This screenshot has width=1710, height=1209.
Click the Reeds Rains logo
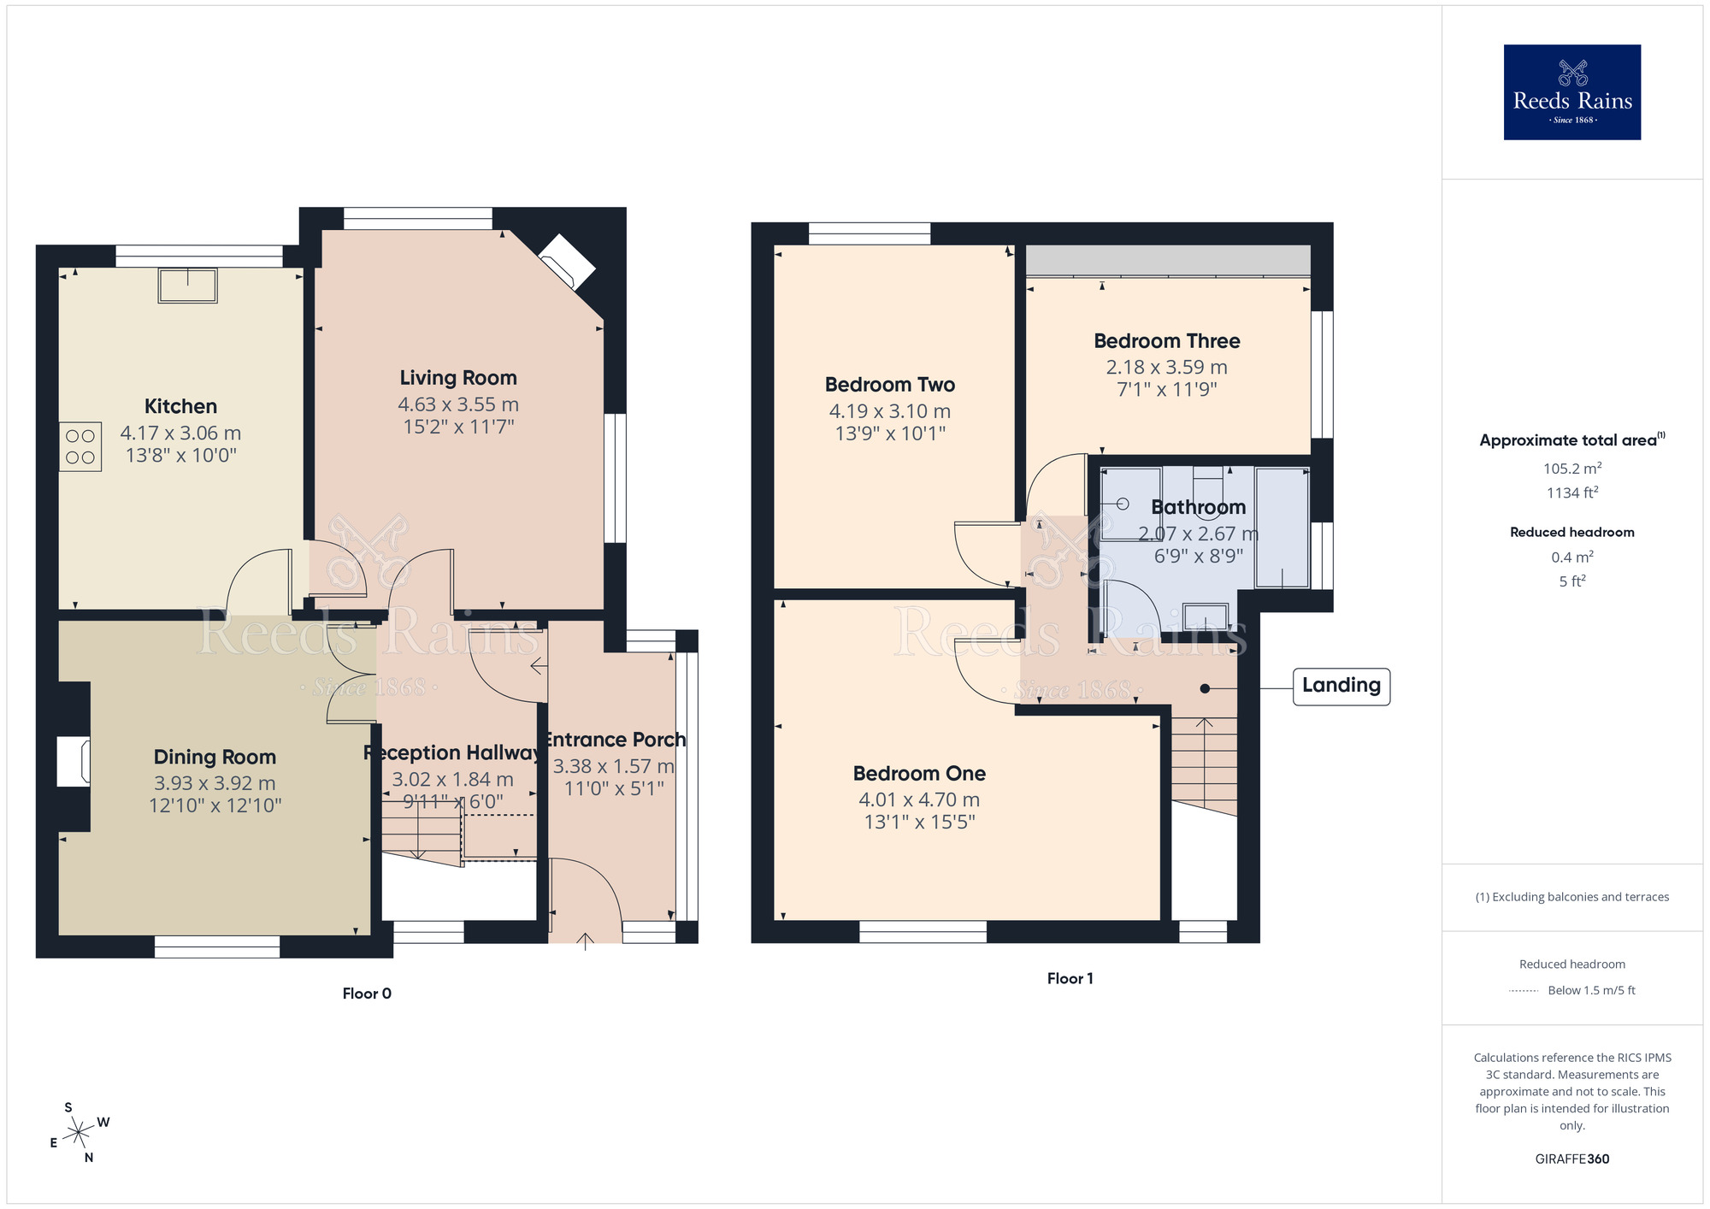pyautogui.click(x=1571, y=92)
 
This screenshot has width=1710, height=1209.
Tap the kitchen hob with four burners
pyautogui.click(x=80, y=446)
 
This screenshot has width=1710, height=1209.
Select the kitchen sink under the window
pyautogui.click(x=187, y=286)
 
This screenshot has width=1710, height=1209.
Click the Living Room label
pyautogui.click(x=458, y=378)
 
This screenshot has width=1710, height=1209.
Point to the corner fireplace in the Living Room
pyautogui.click(x=567, y=262)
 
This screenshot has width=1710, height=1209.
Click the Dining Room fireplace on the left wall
pyautogui.click(x=74, y=762)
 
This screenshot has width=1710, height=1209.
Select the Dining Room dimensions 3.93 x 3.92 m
pyautogui.click(x=215, y=783)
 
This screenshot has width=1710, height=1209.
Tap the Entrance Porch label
pyautogui.click(x=615, y=740)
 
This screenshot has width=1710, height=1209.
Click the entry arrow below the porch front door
pyautogui.click(x=585, y=941)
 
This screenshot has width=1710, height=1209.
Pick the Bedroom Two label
pyautogui.click(x=889, y=385)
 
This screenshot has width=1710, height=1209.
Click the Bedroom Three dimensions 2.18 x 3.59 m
pyautogui.click(x=1166, y=368)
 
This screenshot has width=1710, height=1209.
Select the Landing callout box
pyautogui.click(x=1341, y=687)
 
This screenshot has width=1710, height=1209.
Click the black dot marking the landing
pyautogui.click(x=1205, y=688)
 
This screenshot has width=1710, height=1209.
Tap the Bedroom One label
pyautogui.click(x=919, y=774)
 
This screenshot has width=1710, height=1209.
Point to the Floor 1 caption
pyautogui.click(x=1070, y=979)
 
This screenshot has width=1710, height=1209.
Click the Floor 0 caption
pyautogui.click(x=367, y=994)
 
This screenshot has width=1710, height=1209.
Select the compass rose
pyautogui.click(x=79, y=1133)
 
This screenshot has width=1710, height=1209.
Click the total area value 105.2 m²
pyautogui.click(x=1571, y=469)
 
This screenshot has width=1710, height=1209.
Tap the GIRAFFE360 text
pyautogui.click(x=1571, y=1159)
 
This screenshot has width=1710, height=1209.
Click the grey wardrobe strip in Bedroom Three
pyautogui.click(x=1167, y=260)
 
